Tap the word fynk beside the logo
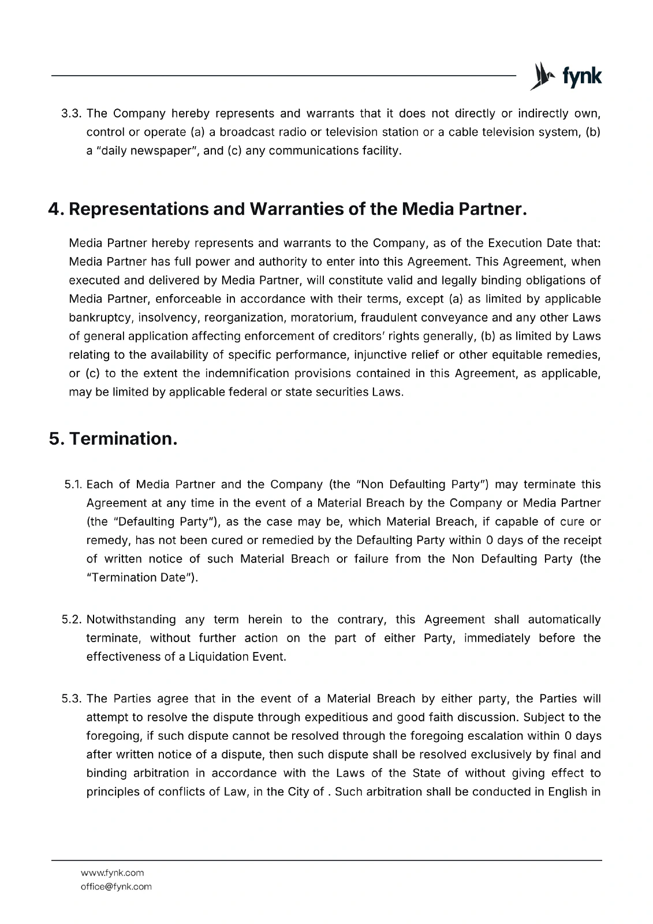point(582,77)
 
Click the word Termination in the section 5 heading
point(123,439)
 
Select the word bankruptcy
point(100,318)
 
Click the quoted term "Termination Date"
point(142,577)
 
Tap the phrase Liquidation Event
point(237,657)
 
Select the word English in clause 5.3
point(568,791)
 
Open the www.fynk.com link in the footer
point(113,873)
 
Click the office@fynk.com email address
point(116,886)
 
